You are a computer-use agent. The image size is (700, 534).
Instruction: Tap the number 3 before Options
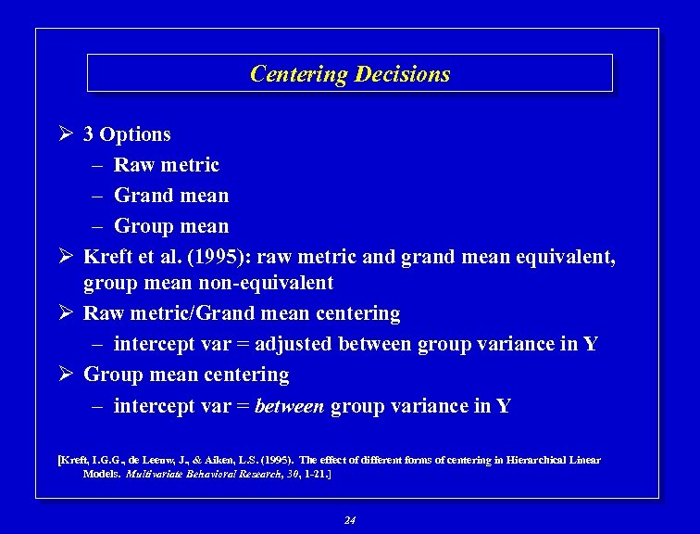click(x=89, y=134)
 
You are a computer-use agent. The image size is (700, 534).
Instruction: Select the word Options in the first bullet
click(x=135, y=134)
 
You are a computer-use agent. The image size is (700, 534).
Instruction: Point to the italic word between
click(x=289, y=406)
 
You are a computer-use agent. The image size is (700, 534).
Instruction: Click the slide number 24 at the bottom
click(x=349, y=520)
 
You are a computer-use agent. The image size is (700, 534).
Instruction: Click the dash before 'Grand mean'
click(x=97, y=196)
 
